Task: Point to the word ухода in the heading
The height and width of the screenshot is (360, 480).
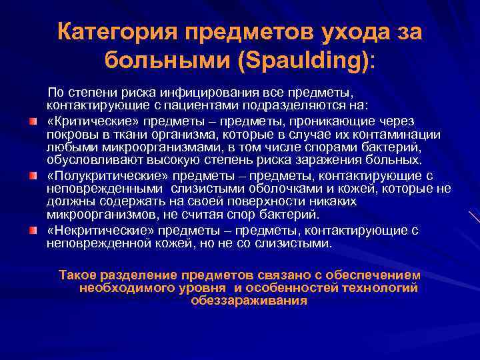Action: pos(341,32)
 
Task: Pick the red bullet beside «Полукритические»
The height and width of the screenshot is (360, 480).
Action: pos(33,176)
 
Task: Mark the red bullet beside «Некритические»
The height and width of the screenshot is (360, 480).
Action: pos(33,231)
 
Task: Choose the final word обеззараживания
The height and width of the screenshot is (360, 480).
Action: pos(249,301)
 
